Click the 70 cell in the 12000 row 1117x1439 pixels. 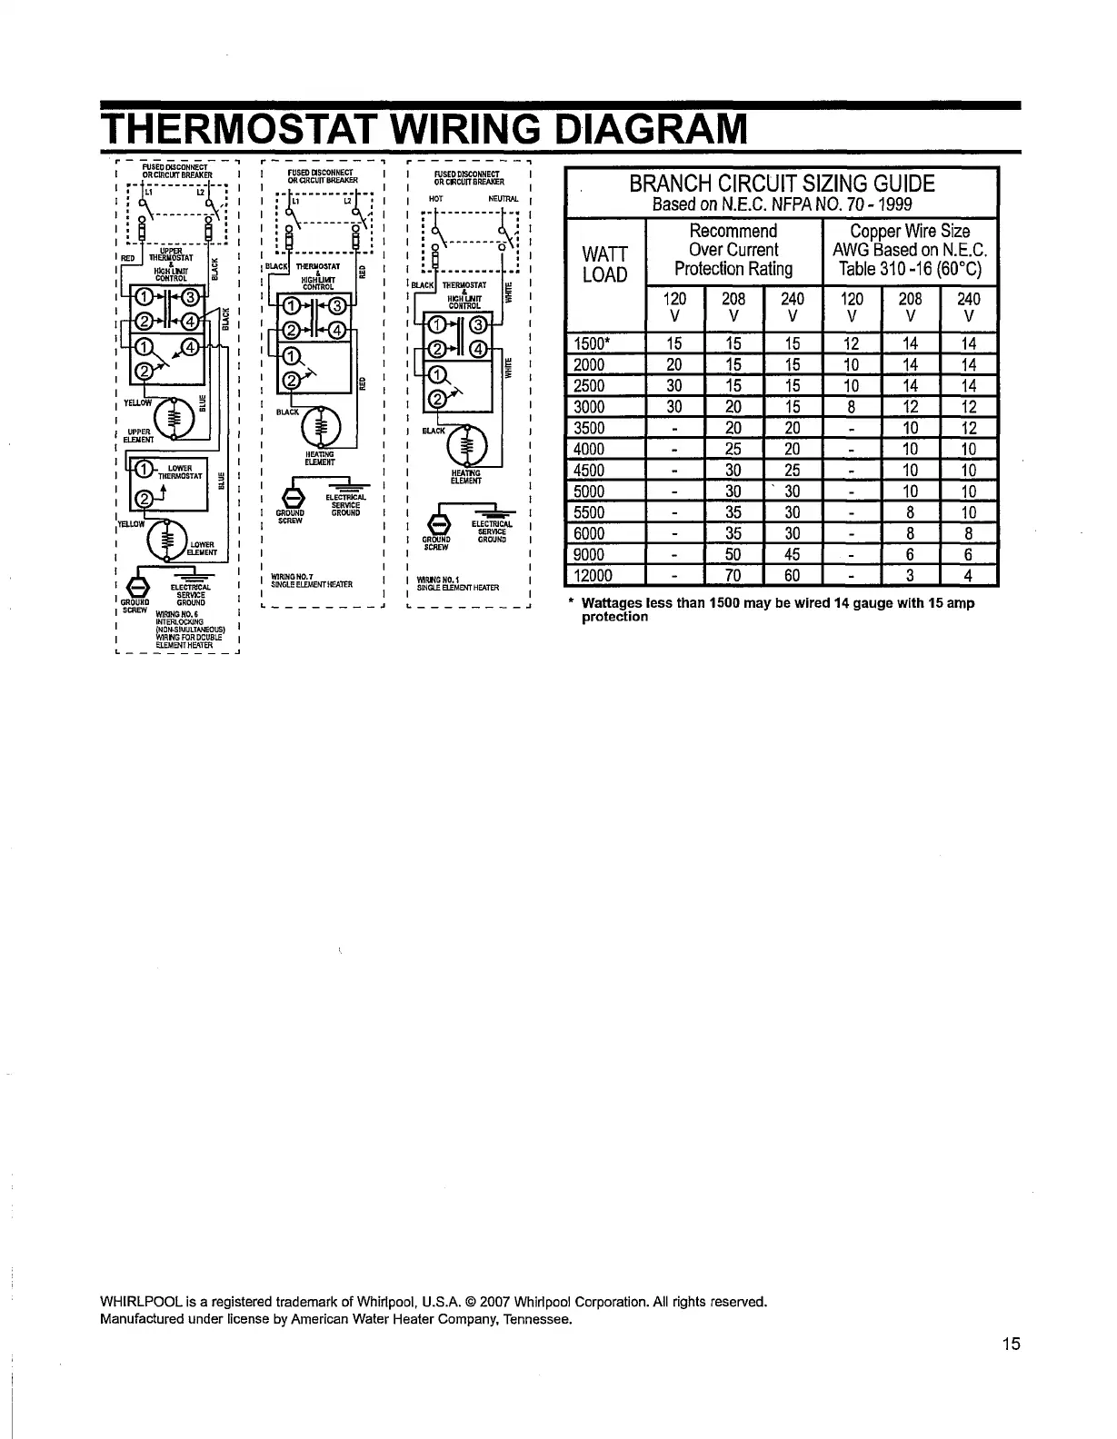[x=733, y=575]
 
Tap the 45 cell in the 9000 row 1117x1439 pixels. [x=793, y=554]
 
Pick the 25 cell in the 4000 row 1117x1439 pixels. [x=733, y=449]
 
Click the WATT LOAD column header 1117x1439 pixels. [x=604, y=262]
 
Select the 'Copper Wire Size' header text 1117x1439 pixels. [x=910, y=231]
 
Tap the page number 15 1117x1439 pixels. [x=1012, y=1345]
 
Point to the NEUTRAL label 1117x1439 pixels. [x=502, y=198]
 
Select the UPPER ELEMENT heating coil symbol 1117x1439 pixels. [x=174, y=419]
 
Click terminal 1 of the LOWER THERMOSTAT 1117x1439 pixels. [x=145, y=469]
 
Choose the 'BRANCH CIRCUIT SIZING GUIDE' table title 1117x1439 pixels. [x=782, y=184]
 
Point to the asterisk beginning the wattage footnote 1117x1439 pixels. [x=570, y=603]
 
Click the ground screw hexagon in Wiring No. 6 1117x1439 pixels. [x=141, y=584]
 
